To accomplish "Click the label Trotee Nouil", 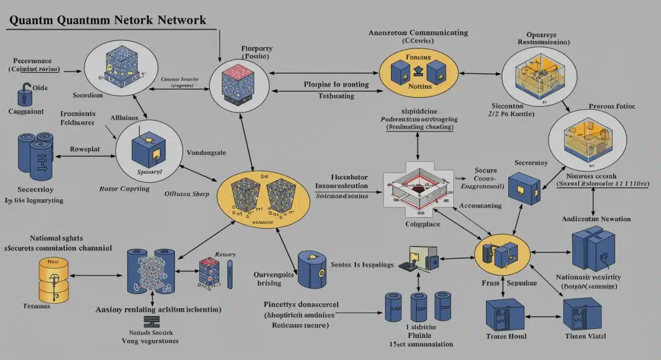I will click(506, 336).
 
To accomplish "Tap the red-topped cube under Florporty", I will click(237, 84).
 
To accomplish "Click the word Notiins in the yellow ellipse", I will click(419, 87).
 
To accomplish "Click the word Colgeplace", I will click(422, 225).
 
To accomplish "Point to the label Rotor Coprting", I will click(124, 189).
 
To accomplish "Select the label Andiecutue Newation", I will click(596, 219).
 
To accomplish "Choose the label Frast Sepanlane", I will click(506, 283).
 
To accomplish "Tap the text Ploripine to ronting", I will click(329, 84).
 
